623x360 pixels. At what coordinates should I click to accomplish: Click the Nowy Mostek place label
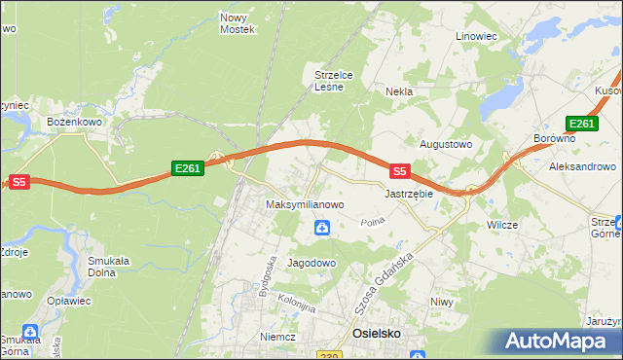click(238, 23)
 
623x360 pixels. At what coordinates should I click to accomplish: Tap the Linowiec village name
click(476, 36)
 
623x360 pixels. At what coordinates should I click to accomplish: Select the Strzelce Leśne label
click(339, 80)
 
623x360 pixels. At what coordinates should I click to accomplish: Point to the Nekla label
click(399, 91)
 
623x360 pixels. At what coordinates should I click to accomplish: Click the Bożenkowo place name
click(75, 122)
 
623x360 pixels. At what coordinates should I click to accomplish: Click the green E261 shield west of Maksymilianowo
click(188, 169)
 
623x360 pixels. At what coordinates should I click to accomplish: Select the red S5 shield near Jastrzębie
click(399, 170)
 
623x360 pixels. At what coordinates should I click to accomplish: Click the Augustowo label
click(445, 144)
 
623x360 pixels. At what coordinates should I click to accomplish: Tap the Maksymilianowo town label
click(306, 205)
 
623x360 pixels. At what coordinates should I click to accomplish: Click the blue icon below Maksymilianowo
click(322, 228)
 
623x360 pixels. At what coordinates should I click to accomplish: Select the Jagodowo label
click(311, 263)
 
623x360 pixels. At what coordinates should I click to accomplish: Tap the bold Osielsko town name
click(375, 333)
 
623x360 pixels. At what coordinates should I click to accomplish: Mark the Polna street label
click(372, 223)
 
